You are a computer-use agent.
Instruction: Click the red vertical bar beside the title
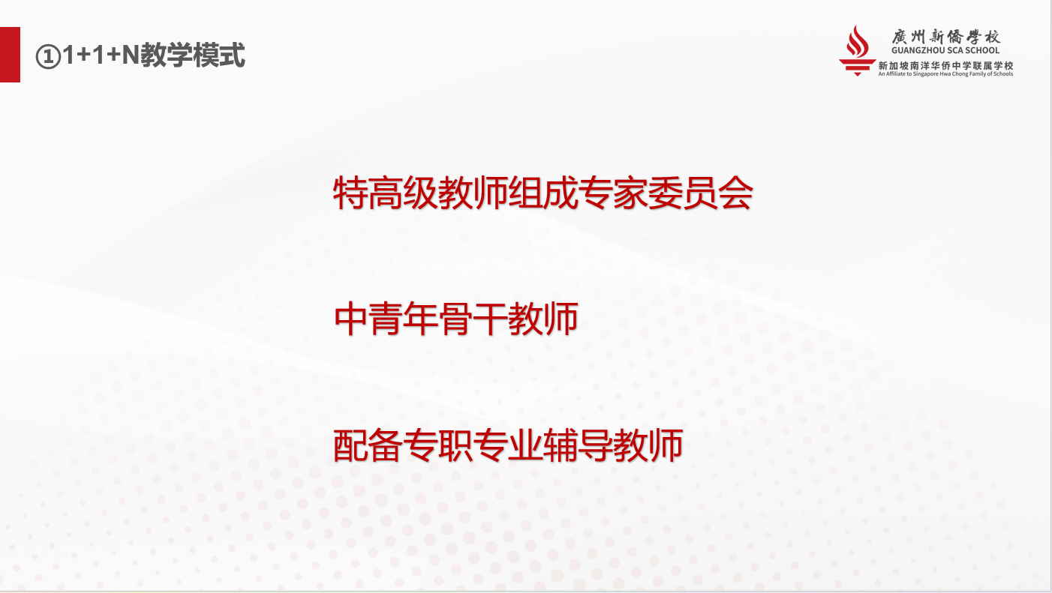10,55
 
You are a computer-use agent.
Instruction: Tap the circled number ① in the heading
48,57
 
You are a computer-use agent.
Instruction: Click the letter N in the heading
131,55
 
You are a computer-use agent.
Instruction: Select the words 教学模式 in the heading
193,55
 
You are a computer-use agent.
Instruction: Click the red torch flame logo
857,51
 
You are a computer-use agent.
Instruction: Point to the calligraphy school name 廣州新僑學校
945,36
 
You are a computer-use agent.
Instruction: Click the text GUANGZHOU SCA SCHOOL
945,50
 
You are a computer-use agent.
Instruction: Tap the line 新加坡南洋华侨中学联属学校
945,66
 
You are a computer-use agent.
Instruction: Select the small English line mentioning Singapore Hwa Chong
945,73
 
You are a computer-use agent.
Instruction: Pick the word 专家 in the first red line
613,193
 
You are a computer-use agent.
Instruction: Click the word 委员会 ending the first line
701,193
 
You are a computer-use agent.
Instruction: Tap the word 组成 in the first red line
543,193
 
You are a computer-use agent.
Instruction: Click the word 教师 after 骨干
543,319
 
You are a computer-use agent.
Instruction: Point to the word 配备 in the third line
368,445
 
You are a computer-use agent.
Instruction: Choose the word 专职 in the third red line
437,445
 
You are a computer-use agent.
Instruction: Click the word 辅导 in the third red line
578,445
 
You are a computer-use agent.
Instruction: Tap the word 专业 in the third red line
508,445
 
